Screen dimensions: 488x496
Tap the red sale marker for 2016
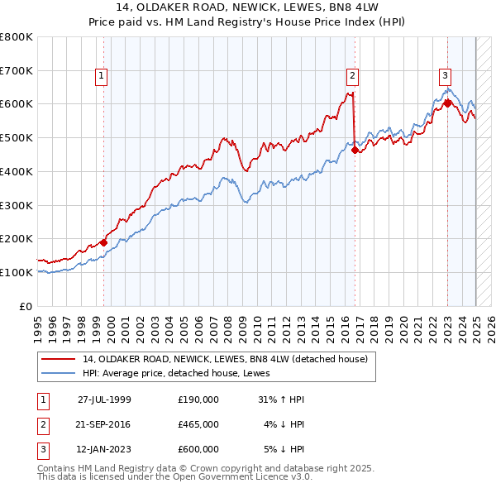(355, 150)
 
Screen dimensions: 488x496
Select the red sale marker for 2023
(447, 104)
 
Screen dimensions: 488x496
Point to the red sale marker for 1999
(103, 242)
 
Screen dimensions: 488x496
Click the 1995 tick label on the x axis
(38, 323)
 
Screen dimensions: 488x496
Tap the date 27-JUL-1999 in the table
(104, 399)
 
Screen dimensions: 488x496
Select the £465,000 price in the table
(198, 424)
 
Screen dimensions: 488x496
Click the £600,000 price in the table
(198, 449)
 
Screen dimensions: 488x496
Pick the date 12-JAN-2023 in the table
(104, 449)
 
